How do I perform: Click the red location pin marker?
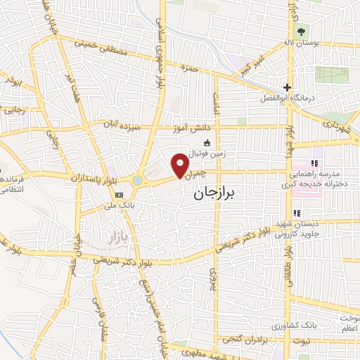point(181,165)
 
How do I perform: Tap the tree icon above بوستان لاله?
point(302,32)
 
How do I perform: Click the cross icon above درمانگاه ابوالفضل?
point(287,87)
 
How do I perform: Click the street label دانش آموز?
point(191,128)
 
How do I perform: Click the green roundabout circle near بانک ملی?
point(136,181)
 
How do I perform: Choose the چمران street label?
point(199,172)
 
